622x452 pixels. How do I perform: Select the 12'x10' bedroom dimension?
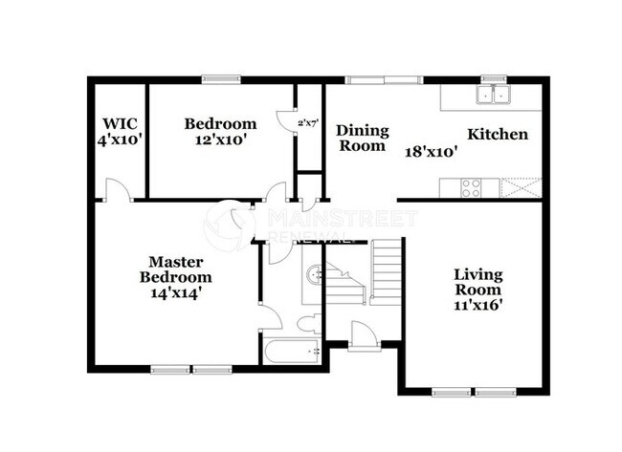click(220, 139)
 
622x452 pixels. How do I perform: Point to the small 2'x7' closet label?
click(308, 123)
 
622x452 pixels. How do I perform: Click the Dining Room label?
click(362, 138)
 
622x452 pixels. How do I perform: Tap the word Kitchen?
click(497, 134)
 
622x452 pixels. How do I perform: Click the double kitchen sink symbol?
click(495, 94)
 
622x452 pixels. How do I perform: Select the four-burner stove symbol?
click(472, 187)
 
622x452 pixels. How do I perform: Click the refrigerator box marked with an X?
click(520, 187)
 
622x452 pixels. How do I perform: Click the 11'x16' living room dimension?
click(478, 306)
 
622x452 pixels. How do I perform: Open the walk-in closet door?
click(114, 191)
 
